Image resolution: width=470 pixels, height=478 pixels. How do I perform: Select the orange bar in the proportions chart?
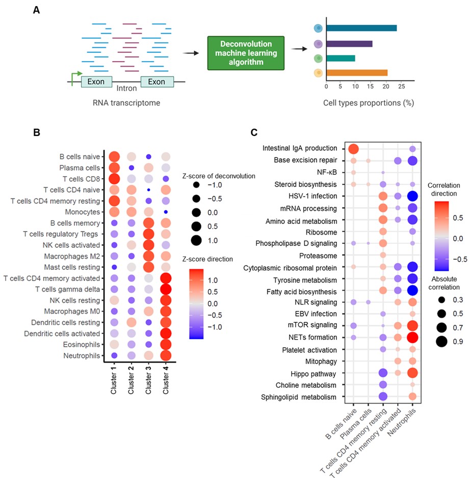point(357,73)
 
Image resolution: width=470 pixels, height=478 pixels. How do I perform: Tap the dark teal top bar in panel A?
point(361,28)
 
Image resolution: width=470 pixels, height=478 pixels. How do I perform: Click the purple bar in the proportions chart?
point(349,43)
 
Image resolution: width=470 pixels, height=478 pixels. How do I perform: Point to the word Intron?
point(126,89)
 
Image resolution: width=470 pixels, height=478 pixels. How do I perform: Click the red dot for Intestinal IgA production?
point(353,149)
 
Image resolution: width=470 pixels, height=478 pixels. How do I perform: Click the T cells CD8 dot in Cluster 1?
point(114,179)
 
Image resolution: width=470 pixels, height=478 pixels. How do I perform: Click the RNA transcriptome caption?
point(126,103)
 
